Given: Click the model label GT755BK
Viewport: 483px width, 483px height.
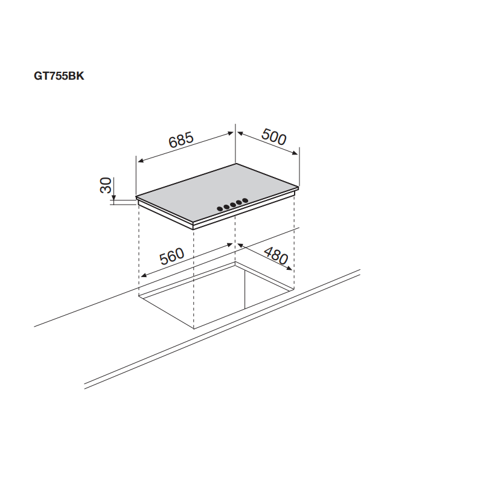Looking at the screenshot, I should (x=59, y=77).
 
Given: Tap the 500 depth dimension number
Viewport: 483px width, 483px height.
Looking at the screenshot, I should (x=273, y=138).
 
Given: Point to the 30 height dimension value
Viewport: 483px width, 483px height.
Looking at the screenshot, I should (x=106, y=186).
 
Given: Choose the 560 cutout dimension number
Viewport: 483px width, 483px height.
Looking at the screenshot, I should (x=171, y=257).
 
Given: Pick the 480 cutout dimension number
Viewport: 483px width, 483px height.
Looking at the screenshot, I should (x=276, y=258).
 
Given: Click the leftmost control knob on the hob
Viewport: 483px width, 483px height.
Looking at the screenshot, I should (x=220, y=210).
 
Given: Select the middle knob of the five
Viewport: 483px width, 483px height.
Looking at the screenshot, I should (x=233, y=205).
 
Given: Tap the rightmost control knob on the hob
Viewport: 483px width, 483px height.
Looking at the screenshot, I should (x=246, y=201).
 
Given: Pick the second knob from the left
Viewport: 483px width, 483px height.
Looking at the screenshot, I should (x=226, y=207).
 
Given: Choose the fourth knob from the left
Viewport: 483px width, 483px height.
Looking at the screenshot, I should (x=240, y=203).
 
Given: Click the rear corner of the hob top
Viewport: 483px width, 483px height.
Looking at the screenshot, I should (x=235, y=164).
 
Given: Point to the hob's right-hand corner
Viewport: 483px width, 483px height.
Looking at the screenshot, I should (x=298, y=187).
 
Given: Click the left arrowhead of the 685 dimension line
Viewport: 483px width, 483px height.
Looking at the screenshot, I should (x=139, y=161).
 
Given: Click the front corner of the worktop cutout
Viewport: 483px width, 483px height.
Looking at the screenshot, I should (x=193, y=328).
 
